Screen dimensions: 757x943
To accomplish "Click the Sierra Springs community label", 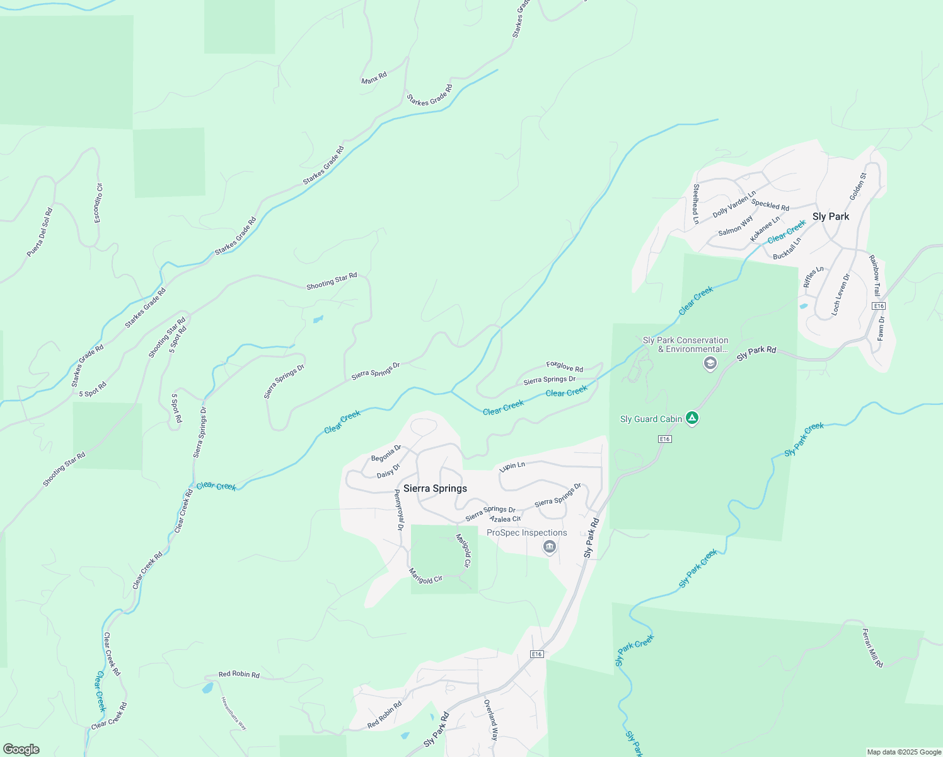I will pos(435,488).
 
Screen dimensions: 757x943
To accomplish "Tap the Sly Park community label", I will pos(830,216).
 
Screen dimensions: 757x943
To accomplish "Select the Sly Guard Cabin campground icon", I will pos(692,418).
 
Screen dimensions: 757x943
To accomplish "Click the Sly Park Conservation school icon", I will pos(710,363).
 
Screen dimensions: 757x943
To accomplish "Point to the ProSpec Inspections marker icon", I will pos(549,546).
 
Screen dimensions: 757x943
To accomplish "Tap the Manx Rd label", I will pos(374,78).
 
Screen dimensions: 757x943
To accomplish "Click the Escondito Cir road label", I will pos(98,202).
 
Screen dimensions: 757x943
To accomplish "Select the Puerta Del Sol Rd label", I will pos(40,232).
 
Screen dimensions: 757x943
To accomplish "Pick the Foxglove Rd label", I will pos(564,366).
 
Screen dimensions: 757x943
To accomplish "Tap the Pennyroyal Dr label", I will pos(398,509).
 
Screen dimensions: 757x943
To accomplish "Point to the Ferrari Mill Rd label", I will pos(872,648).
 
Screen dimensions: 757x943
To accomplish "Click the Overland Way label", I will pos(491,720).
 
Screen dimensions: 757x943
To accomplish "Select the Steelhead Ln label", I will pos(696,203).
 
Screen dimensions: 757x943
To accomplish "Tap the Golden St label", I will pos(858,187).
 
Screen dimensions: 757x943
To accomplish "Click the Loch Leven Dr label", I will pos(840,294).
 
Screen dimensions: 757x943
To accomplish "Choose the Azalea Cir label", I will pos(505,519).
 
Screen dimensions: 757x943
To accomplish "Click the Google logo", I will pos(21,749).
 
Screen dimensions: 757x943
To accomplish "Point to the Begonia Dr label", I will pos(386,453).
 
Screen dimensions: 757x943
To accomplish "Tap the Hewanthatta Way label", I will pos(233,713).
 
